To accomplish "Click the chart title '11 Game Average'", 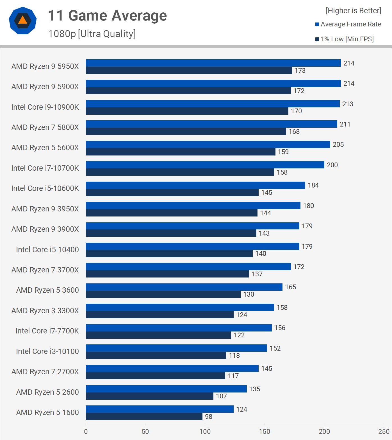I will [107, 16].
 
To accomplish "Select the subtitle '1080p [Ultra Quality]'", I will [92, 34].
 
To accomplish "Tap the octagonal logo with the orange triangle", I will [22, 21].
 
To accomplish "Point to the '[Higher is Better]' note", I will [353, 11].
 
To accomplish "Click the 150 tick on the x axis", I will [264, 432].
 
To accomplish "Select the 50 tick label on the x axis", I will [145, 432].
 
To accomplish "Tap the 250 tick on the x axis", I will [384, 432].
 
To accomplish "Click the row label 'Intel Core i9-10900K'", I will [45, 107].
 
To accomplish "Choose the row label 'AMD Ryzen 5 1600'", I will [47, 412].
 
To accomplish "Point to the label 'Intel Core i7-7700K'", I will [47, 331].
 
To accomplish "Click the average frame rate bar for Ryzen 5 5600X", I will [208, 145].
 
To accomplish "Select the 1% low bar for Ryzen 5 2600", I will [149, 396].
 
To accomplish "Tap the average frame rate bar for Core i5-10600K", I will [195, 185].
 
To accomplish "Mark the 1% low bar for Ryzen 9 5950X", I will [189, 70].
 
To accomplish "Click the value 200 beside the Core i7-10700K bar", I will [332, 165].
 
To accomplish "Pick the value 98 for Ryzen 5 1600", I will [208, 417].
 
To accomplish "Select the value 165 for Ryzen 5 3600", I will [290, 287].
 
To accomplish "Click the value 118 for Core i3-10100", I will [234, 356].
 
